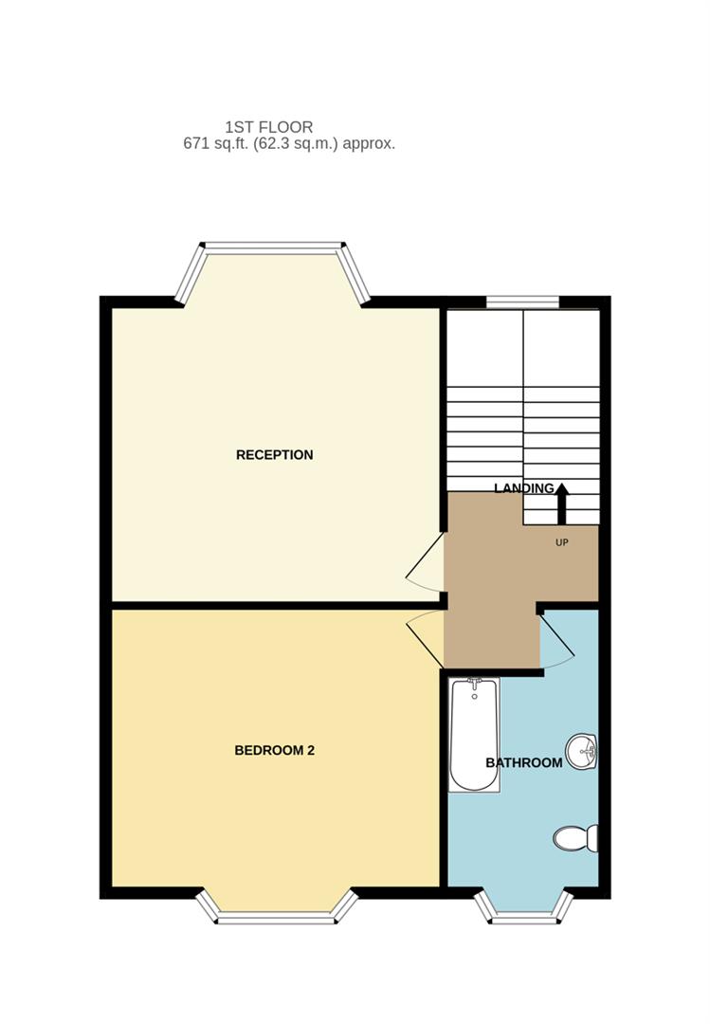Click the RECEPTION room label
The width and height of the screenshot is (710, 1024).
[x=274, y=455]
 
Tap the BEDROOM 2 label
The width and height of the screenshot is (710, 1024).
[x=274, y=751]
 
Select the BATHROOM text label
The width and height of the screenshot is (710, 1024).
[x=523, y=762]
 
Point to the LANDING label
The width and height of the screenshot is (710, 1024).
[x=523, y=488]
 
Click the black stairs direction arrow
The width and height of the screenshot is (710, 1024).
[x=561, y=503]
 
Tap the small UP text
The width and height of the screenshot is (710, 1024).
[x=561, y=542]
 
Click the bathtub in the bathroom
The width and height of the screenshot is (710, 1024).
[x=474, y=736]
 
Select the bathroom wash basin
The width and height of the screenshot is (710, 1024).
[x=581, y=752]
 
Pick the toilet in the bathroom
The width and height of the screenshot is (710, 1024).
[x=575, y=837]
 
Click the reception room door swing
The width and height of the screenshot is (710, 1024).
[x=427, y=562]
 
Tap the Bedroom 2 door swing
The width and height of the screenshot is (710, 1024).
[x=427, y=635]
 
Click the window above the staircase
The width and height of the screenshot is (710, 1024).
[x=522, y=302]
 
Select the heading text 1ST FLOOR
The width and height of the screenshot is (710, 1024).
[x=268, y=127]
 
